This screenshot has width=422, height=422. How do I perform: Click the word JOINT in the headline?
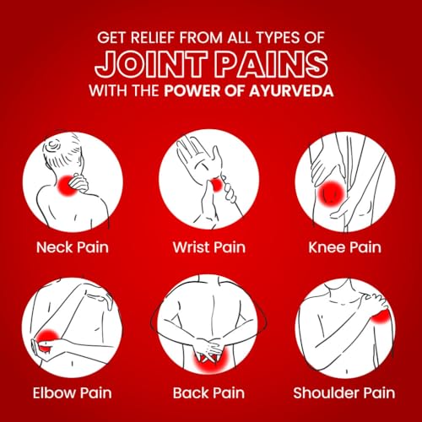[x=152, y=64]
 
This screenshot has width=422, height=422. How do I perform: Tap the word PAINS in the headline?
[x=272, y=64]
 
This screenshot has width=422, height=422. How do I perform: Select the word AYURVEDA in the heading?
[x=291, y=90]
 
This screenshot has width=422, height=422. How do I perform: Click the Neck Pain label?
[x=73, y=247]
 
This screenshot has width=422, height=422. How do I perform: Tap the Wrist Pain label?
[x=209, y=247]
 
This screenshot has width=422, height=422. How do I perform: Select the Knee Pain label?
[x=345, y=247]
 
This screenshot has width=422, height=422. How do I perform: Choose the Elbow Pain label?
[x=73, y=392]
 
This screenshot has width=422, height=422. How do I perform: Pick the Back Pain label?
[x=208, y=392]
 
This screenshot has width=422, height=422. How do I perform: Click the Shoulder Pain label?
[x=344, y=392]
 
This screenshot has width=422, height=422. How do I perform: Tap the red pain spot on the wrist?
[x=217, y=185]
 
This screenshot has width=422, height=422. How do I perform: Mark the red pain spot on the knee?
[x=332, y=193]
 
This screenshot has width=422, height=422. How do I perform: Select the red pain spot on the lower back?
[x=209, y=361]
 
